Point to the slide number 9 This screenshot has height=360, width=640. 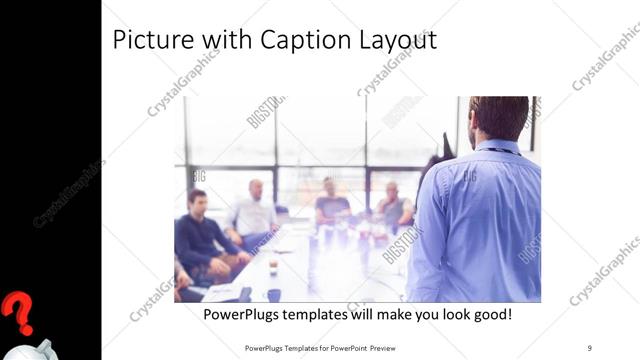click(589, 347)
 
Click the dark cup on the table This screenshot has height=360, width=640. click(273, 295)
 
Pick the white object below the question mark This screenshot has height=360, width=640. click(40, 349)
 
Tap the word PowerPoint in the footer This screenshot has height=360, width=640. click(333, 347)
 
